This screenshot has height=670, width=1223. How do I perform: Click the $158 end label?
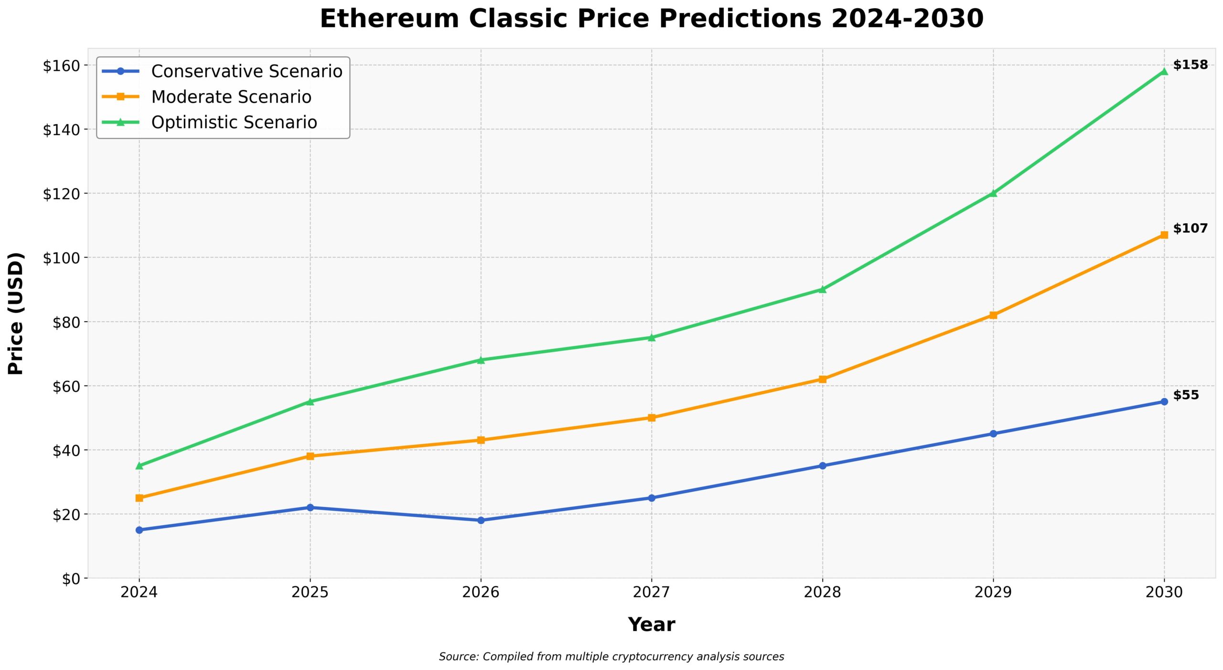pyautogui.click(x=1190, y=65)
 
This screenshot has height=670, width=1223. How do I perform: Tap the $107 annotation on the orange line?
pyautogui.click(x=1190, y=228)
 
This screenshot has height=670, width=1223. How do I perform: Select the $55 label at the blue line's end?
pyautogui.click(x=1186, y=395)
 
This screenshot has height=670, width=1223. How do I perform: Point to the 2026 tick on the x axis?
pyautogui.click(x=481, y=593)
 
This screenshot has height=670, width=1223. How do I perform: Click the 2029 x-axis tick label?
pyautogui.click(x=993, y=593)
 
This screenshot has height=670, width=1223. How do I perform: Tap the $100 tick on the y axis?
pyautogui.click(x=61, y=258)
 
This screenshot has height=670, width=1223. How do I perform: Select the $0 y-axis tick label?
pyautogui.click(x=71, y=579)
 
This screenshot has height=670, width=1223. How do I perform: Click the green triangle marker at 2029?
pyautogui.click(x=993, y=193)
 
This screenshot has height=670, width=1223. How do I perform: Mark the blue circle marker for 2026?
pyautogui.click(x=481, y=520)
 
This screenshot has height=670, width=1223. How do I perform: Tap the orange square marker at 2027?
pyautogui.click(x=652, y=418)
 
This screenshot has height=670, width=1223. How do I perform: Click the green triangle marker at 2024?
pyautogui.click(x=139, y=465)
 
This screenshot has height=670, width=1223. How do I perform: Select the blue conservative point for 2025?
pyautogui.click(x=310, y=508)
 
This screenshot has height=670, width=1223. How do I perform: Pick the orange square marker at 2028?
pyautogui.click(x=822, y=379)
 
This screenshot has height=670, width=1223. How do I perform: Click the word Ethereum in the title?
pyautogui.click(x=389, y=19)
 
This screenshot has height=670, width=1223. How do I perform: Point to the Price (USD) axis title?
pyautogui.click(x=16, y=313)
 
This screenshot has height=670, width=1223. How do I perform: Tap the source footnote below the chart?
pyautogui.click(x=611, y=657)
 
